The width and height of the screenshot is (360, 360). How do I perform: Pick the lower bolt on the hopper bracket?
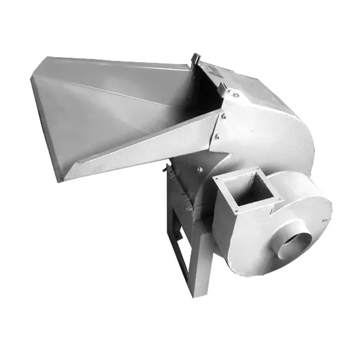click(217, 136)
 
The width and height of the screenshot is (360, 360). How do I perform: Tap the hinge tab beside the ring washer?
click(223, 88)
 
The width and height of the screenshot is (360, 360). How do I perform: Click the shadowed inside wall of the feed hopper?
click(183, 105)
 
